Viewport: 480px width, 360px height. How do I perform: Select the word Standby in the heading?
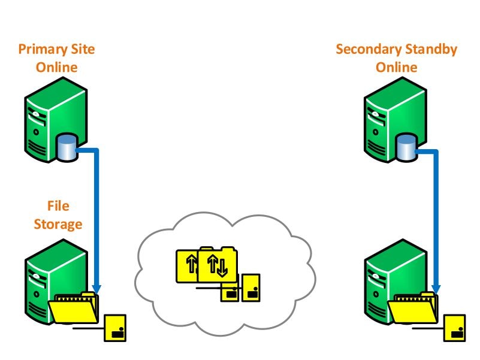[x=428, y=49]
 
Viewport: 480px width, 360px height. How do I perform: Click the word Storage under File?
[x=58, y=225]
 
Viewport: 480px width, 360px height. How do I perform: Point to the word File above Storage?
[x=58, y=207]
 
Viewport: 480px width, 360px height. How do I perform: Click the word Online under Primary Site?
[x=57, y=67]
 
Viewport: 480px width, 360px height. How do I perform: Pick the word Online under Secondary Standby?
[x=396, y=67]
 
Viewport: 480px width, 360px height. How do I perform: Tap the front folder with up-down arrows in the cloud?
[x=217, y=266]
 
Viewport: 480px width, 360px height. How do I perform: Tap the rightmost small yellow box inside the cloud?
[x=250, y=288]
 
